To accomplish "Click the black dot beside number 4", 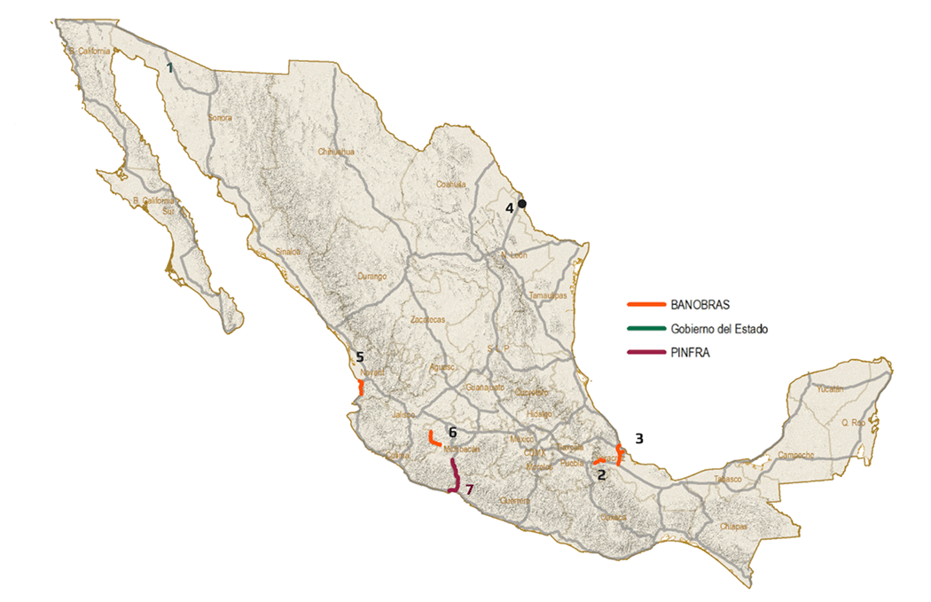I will (522, 203).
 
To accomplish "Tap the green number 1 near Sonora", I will (169, 66).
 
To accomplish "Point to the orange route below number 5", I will (361, 387).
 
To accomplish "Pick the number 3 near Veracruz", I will (639, 438).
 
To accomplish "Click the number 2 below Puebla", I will (601, 475).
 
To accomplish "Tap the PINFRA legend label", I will (692, 352).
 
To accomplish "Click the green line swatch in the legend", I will (645, 329).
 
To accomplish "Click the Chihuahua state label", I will (336, 152).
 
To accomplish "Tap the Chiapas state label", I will (734, 526).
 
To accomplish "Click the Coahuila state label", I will (451, 184).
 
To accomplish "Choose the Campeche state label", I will (797, 456).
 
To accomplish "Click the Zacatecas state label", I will (428, 319).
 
